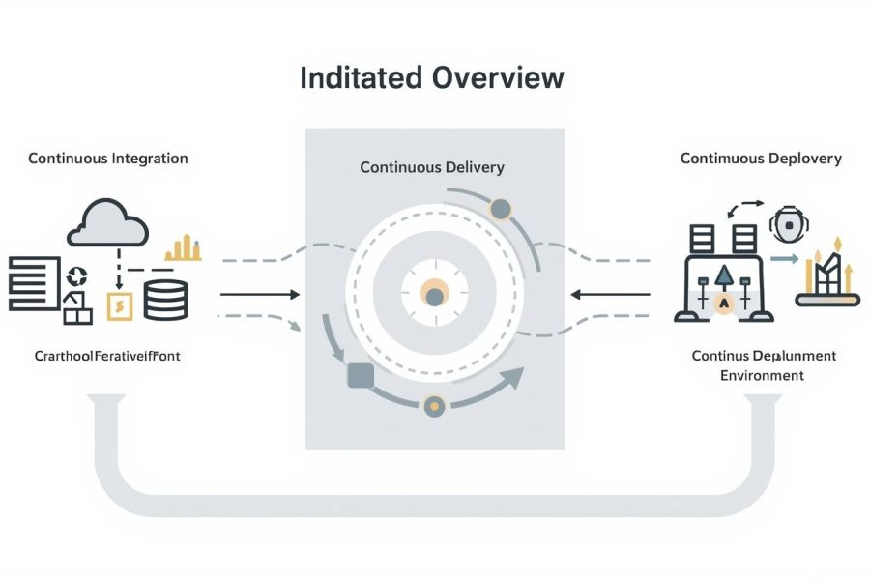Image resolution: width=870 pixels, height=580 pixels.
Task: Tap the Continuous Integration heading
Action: pyautogui.click(x=108, y=158)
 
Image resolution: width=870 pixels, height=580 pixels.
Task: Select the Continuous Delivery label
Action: pyautogui.click(x=432, y=167)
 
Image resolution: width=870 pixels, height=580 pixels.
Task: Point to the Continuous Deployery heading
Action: pyautogui.click(x=761, y=158)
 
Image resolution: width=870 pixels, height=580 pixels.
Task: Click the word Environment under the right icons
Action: pyautogui.click(x=762, y=375)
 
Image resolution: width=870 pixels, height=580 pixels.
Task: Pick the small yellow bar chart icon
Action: pyautogui.click(x=183, y=248)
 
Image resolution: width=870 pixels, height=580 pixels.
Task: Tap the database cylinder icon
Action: pyautogui.click(x=165, y=300)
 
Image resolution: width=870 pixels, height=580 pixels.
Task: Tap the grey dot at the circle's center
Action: pyautogui.click(x=435, y=297)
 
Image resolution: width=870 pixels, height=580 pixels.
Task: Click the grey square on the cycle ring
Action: pyautogui.click(x=360, y=375)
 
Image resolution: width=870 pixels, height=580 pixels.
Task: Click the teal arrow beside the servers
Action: pyautogui.click(x=784, y=259)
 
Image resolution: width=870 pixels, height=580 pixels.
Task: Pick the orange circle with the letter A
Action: pyautogui.click(x=723, y=303)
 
